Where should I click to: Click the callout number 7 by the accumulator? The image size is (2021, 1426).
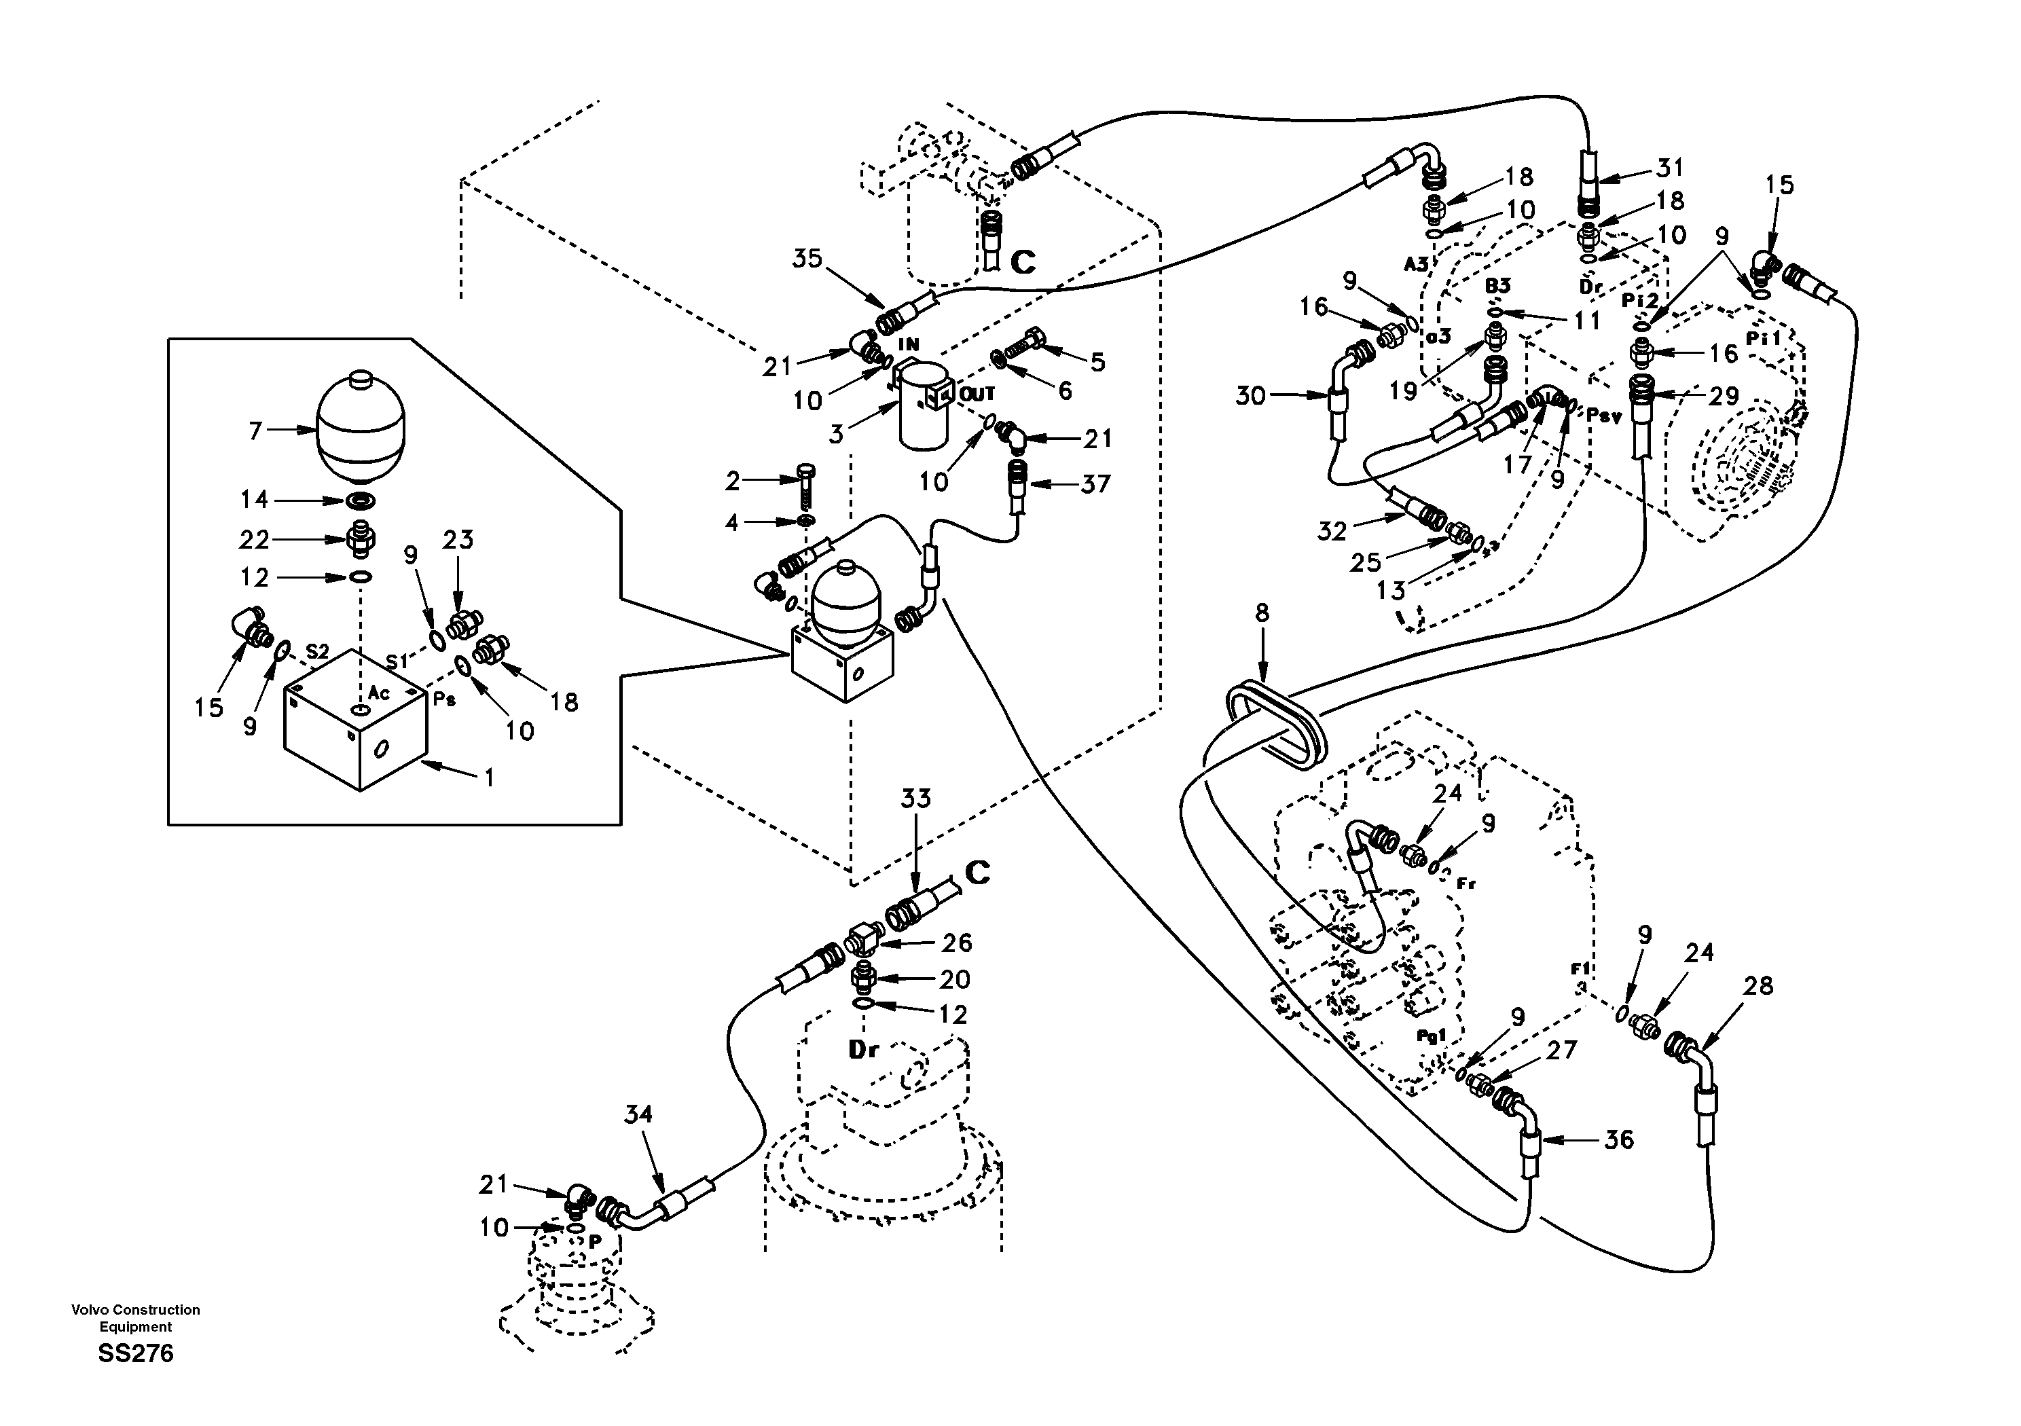[x=256, y=431]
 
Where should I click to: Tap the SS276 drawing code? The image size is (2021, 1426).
[x=136, y=1353]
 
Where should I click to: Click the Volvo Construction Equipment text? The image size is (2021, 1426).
[x=136, y=1318]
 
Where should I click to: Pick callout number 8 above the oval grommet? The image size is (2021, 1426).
[x=1262, y=613]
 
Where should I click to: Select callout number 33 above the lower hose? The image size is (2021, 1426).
[x=915, y=799]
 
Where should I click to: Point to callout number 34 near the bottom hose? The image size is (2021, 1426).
[x=638, y=1114]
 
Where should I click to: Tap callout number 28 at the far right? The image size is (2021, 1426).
[x=1758, y=986]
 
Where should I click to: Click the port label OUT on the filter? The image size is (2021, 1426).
[x=977, y=395]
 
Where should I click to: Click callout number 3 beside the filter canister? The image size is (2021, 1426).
[x=836, y=433]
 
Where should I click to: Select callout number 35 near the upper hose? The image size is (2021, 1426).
[x=806, y=259]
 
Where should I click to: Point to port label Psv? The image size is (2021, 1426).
[x=1604, y=416]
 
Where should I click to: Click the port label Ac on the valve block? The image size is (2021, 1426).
[x=378, y=693]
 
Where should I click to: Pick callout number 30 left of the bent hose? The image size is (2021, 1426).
[x=1250, y=396]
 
